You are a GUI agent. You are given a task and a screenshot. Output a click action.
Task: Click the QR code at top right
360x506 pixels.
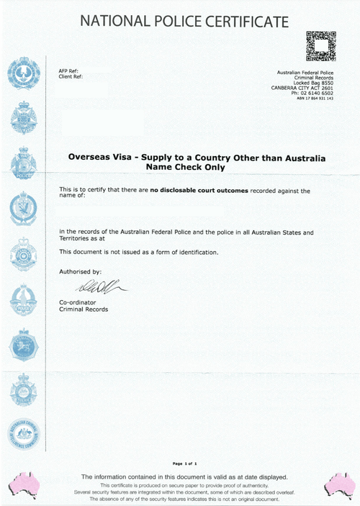tap(320, 46)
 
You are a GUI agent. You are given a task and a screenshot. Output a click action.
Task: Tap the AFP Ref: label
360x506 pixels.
tap(68, 71)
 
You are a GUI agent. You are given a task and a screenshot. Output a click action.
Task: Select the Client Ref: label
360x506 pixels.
tap(71, 76)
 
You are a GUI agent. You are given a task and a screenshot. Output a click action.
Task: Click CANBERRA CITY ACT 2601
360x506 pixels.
tap(303, 88)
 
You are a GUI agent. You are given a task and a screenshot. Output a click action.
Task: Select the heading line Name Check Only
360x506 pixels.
tap(185, 167)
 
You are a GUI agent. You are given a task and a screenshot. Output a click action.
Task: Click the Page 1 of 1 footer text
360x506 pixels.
tap(185, 463)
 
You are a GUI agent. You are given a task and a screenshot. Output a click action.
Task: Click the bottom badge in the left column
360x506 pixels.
tap(24, 435)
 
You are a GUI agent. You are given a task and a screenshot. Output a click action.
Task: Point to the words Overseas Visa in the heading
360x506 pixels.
tap(96, 156)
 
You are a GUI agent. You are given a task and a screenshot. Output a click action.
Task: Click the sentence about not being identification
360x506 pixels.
tap(138, 251)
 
